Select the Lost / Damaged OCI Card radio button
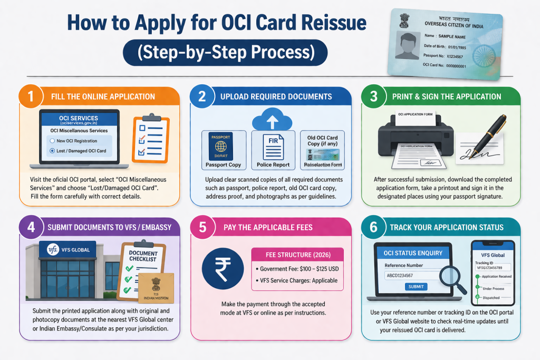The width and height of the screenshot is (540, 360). (x=52, y=151)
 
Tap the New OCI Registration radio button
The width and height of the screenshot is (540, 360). (x=52, y=141)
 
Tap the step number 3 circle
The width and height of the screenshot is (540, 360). (x=373, y=96)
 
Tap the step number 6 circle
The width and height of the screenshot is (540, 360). (x=373, y=228)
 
